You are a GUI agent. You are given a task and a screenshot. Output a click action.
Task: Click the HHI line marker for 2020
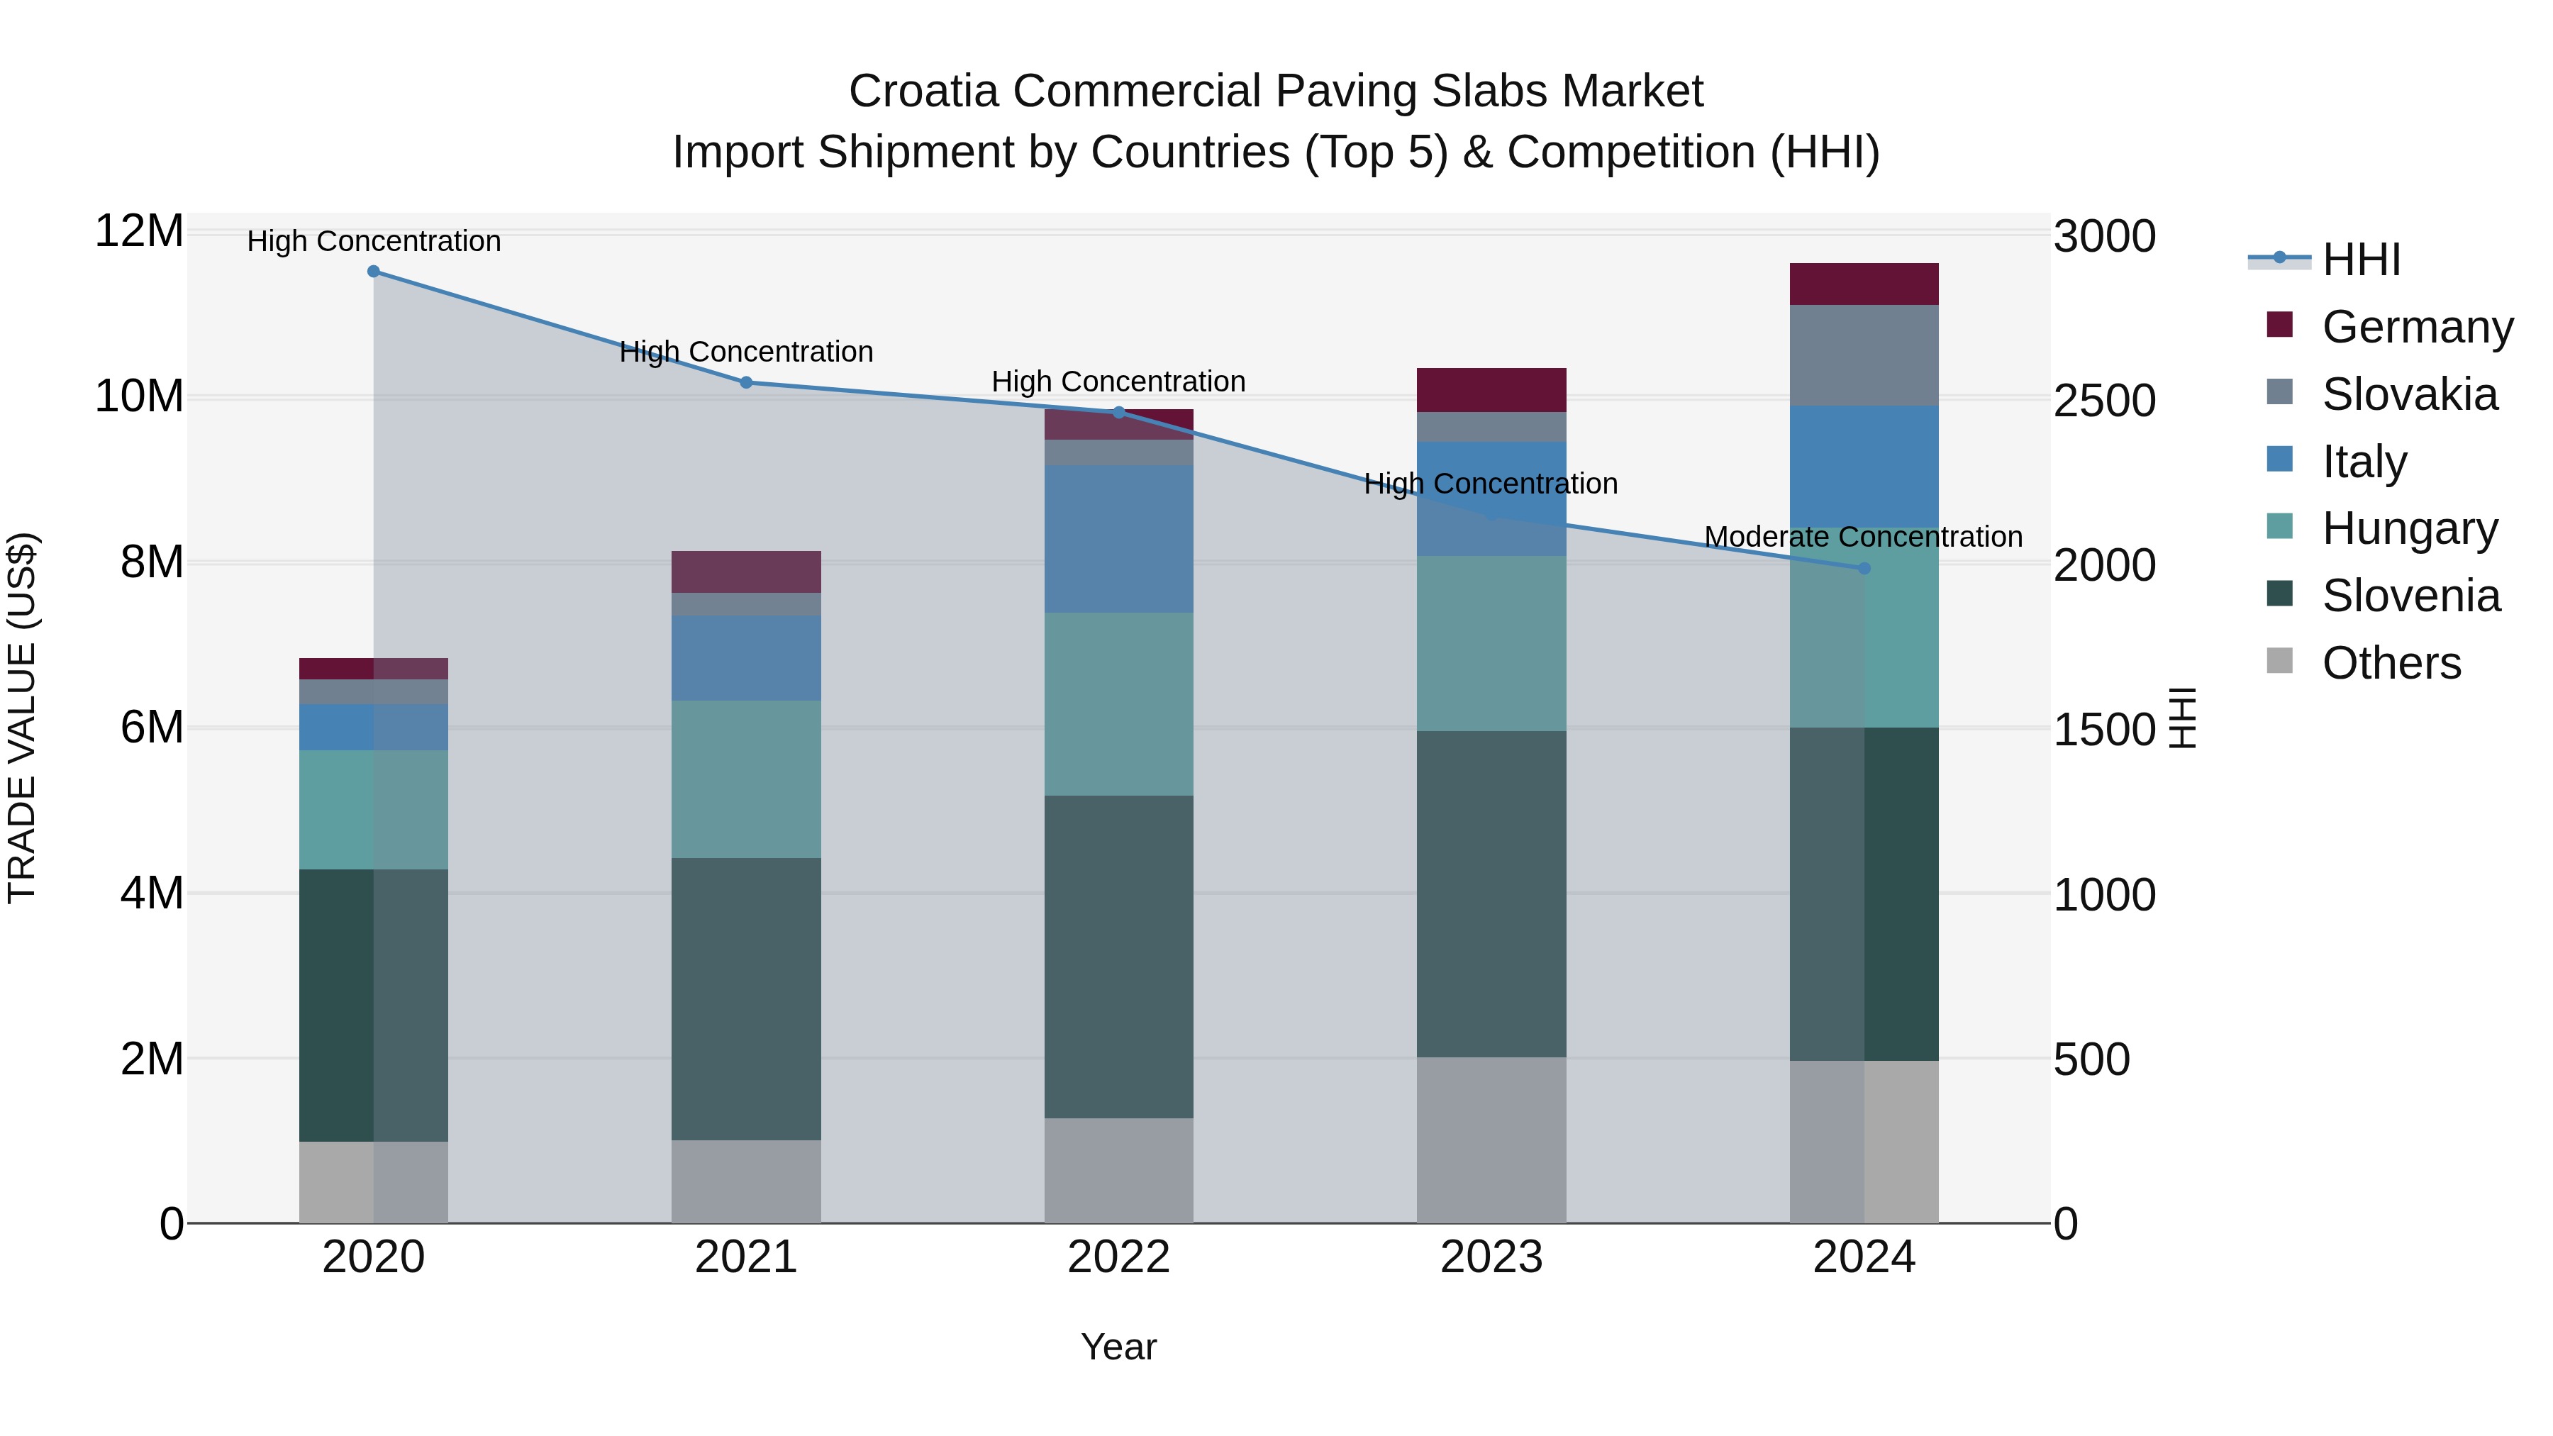click(x=374, y=272)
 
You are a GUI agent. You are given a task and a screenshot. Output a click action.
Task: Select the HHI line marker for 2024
click(x=1864, y=568)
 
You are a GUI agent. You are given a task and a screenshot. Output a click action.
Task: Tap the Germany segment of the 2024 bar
click(x=1864, y=284)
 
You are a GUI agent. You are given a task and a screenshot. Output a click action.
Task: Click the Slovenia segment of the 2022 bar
click(x=1119, y=957)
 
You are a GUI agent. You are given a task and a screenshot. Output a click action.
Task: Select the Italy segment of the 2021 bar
click(x=746, y=658)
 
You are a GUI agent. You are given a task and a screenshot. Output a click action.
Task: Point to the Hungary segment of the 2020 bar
click(x=374, y=810)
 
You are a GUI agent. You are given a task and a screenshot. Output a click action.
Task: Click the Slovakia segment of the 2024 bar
click(x=1864, y=355)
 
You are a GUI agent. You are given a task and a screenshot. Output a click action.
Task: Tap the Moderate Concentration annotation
click(x=1863, y=537)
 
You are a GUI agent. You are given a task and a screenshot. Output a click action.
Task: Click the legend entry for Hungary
click(x=2409, y=528)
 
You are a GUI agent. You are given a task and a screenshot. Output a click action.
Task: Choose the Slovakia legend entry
click(x=2409, y=394)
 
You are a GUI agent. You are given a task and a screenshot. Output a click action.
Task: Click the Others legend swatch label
click(x=2391, y=663)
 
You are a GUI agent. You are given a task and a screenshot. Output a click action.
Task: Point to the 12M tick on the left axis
click(x=139, y=232)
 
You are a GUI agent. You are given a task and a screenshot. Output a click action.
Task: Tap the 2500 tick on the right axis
click(x=2104, y=401)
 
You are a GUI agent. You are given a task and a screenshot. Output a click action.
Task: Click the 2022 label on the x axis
click(x=1119, y=1257)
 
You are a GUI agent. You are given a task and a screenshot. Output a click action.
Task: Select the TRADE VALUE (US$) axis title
click(x=22, y=718)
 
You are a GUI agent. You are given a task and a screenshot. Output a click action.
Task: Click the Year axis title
click(x=1119, y=1347)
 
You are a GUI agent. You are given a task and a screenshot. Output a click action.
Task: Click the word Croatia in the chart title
click(x=923, y=91)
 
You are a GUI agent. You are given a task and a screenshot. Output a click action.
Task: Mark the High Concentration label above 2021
click(x=746, y=352)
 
